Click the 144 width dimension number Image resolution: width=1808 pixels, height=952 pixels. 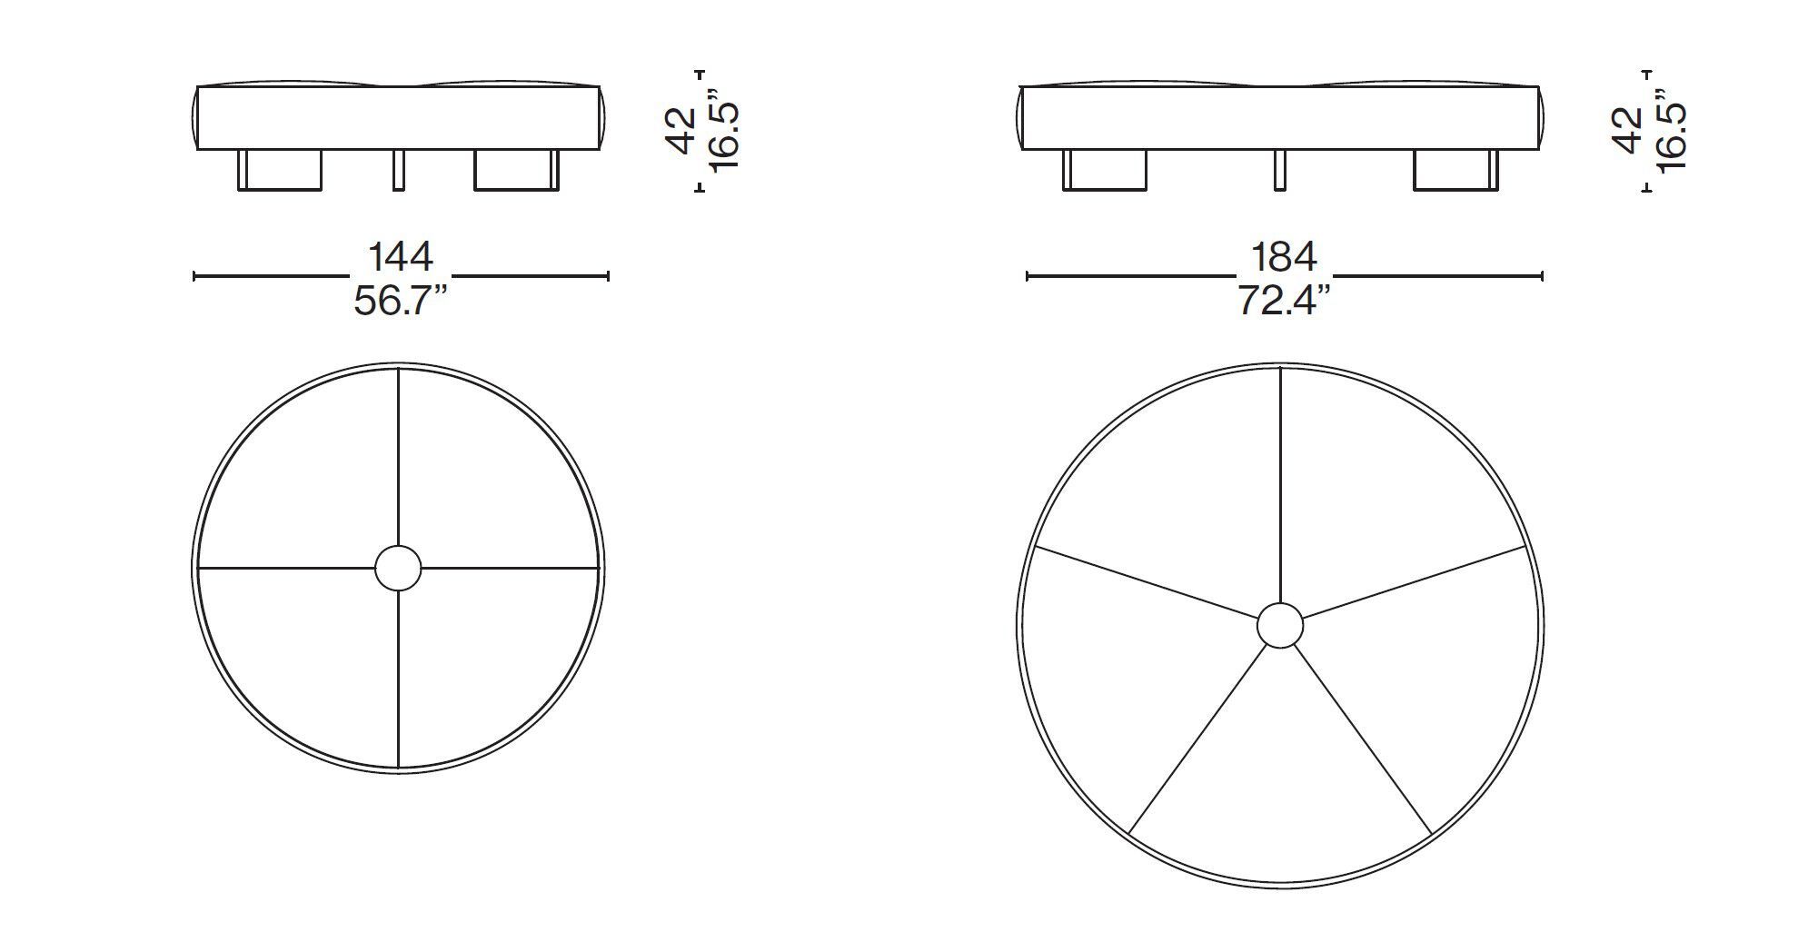tap(400, 257)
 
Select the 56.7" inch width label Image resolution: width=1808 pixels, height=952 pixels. tap(400, 301)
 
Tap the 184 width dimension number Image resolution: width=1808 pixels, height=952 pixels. tap(1284, 257)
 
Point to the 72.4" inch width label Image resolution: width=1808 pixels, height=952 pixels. tap(1284, 301)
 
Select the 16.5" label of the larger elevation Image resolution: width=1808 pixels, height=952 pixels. tap(1670, 130)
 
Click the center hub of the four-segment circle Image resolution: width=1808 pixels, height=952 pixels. tap(398, 569)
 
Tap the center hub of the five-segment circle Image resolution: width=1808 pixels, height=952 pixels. tap(1279, 626)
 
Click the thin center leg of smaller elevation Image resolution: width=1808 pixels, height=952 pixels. tap(399, 171)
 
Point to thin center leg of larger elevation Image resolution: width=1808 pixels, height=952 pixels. tap(1280, 171)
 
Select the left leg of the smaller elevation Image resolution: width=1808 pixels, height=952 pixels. tap(280, 171)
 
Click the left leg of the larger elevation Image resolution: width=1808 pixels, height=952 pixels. tap(1104, 171)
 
